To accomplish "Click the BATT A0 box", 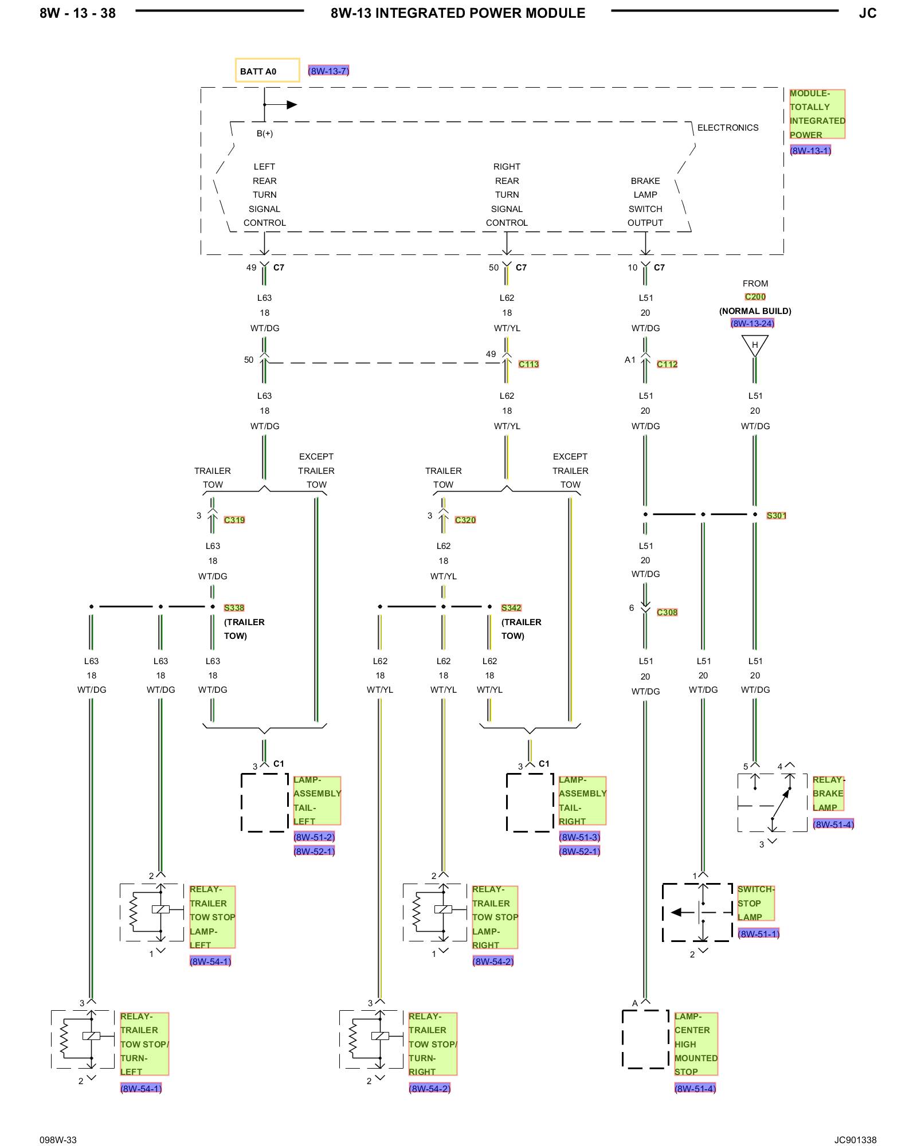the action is pyautogui.click(x=267, y=70).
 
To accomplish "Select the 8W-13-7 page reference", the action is pyautogui.click(x=328, y=71).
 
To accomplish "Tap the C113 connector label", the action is pyautogui.click(x=528, y=364).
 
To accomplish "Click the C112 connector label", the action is pyautogui.click(x=667, y=364).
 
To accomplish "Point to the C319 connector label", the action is pyautogui.click(x=234, y=520).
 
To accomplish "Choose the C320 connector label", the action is pyautogui.click(x=465, y=520).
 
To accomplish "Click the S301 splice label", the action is pyautogui.click(x=777, y=515).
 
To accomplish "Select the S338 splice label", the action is pyautogui.click(x=234, y=607).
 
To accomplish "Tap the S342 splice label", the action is pyautogui.click(x=511, y=607).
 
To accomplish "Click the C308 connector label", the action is pyautogui.click(x=667, y=612).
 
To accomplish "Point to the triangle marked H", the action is pyautogui.click(x=755, y=346).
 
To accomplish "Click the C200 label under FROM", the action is pyautogui.click(x=755, y=297).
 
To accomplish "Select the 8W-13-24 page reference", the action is pyautogui.click(x=753, y=323).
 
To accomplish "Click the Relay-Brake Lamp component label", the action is pyautogui.click(x=828, y=794).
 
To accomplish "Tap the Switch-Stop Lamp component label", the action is pyautogui.click(x=756, y=903).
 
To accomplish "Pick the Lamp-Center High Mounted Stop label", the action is pyautogui.click(x=696, y=1044).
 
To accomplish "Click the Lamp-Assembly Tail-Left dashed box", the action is pyautogui.click(x=241, y=802).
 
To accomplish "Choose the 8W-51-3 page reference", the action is pyautogui.click(x=579, y=837).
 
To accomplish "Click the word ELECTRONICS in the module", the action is pyautogui.click(x=728, y=128).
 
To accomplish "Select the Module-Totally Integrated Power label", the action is pyautogui.click(x=817, y=114).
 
